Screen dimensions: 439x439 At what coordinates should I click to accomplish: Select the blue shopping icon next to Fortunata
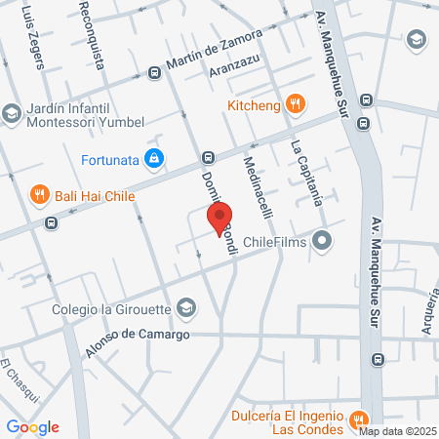tap(153, 156)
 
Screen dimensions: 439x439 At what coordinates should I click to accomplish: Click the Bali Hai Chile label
tap(95, 194)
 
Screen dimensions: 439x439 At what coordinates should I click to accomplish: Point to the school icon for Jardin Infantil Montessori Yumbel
tap(12, 114)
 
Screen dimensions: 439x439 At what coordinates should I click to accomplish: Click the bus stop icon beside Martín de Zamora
tap(154, 73)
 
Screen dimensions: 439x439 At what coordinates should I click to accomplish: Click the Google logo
tap(33, 426)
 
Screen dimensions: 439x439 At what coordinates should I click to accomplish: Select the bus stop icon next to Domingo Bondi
tap(208, 157)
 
